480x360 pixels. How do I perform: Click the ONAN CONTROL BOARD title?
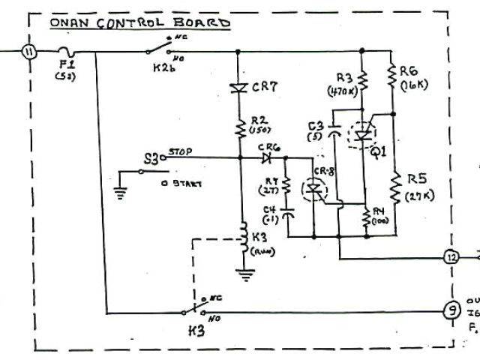click(139, 22)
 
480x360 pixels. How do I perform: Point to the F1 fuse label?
click(63, 65)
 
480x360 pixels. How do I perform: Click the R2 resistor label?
click(259, 120)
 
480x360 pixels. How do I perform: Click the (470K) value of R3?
click(341, 91)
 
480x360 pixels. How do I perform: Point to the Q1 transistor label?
click(379, 150)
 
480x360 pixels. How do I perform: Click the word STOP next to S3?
click(180, 151)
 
